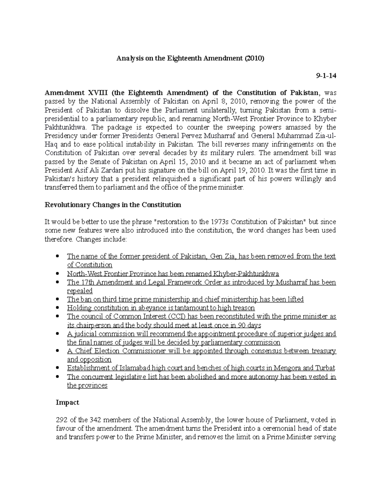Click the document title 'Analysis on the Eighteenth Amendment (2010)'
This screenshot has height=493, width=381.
pos(190,59)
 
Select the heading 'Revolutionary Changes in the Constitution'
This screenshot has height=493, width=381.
pos(113,205)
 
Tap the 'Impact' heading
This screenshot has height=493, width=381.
pos(67,403)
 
